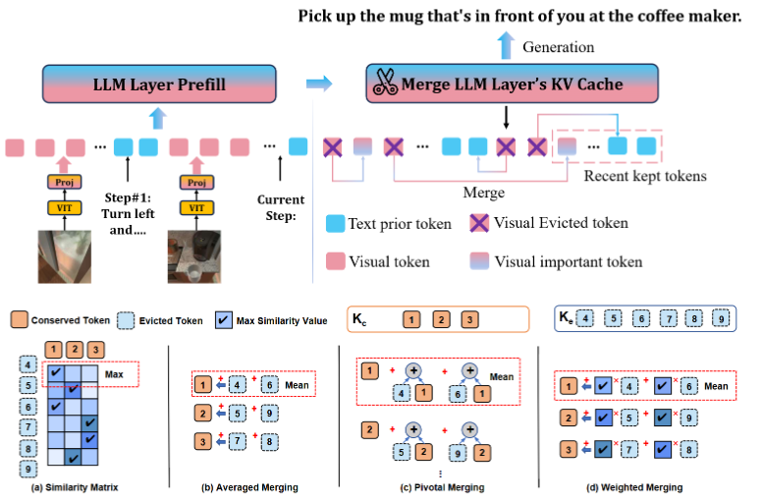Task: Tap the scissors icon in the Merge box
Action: tap(382, 84)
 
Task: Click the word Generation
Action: tap(558, 47)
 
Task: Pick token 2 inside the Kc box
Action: tap(441, 319)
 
